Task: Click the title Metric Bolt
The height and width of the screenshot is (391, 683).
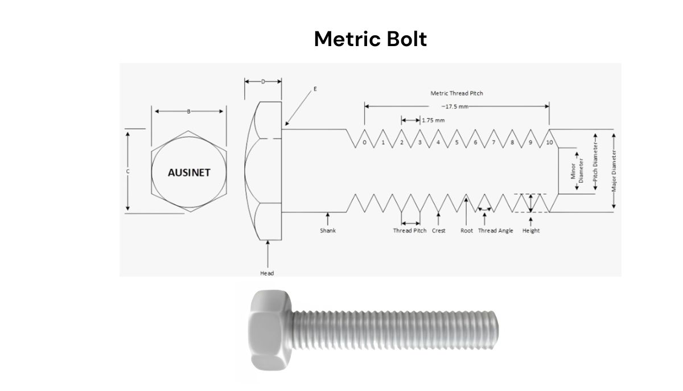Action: [370, 39]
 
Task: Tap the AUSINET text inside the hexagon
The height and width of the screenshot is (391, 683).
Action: [188, 172]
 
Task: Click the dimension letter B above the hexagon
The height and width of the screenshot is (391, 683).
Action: [189, 112]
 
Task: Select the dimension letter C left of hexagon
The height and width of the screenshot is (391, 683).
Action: [128, 171]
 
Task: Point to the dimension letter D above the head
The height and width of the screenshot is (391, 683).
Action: [263, 82]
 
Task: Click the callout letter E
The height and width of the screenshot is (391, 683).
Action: [314, 89]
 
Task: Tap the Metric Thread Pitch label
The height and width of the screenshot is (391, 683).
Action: [456, 93]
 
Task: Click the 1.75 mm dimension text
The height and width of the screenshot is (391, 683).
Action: [434, 120]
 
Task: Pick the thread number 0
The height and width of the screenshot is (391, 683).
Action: [364, 142]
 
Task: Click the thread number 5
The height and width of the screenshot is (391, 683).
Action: [456, 142]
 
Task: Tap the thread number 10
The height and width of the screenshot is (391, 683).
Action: [549, 142]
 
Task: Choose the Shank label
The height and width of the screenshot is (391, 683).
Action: [328, 231]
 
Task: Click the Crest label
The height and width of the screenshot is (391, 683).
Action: [438, 231]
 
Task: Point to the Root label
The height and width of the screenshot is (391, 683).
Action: [466, 231]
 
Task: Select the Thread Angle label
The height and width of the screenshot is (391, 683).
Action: [495, 231]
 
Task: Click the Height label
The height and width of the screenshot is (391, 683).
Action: [530, 231]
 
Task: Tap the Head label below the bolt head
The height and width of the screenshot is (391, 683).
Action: [267, 273]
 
